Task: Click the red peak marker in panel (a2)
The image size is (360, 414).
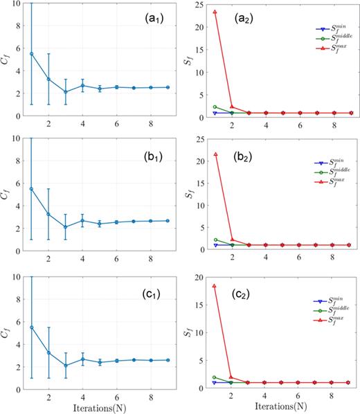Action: pos(215,12)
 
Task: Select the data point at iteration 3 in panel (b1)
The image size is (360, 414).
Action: pos(66,226)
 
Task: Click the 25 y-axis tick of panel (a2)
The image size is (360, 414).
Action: pos(201,4)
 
